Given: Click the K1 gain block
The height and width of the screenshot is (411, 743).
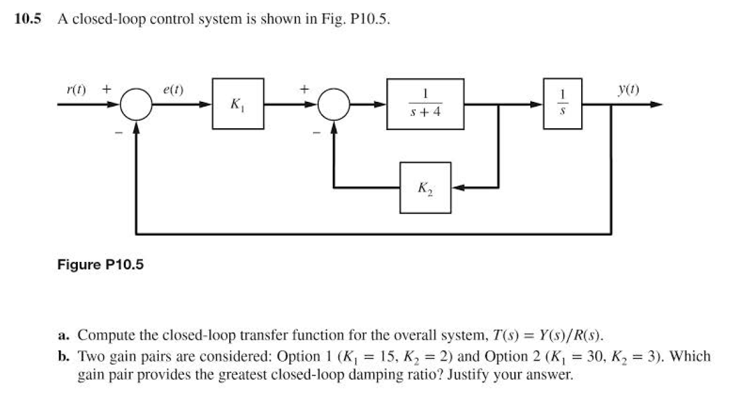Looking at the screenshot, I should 238,104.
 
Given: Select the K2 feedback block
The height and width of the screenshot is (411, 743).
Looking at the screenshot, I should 425,188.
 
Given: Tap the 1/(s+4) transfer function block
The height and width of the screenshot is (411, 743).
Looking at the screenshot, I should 425,104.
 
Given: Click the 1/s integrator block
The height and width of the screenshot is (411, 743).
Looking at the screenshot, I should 562,104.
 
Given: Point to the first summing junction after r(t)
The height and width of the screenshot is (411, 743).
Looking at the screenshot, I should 135,105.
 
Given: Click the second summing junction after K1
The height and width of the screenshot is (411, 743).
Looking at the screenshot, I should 334,105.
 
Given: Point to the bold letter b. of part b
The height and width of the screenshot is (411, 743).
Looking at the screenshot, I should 63,356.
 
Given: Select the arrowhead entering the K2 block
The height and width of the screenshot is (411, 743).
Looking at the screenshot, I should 457,188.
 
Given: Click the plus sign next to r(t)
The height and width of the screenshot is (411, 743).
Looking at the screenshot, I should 106,88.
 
